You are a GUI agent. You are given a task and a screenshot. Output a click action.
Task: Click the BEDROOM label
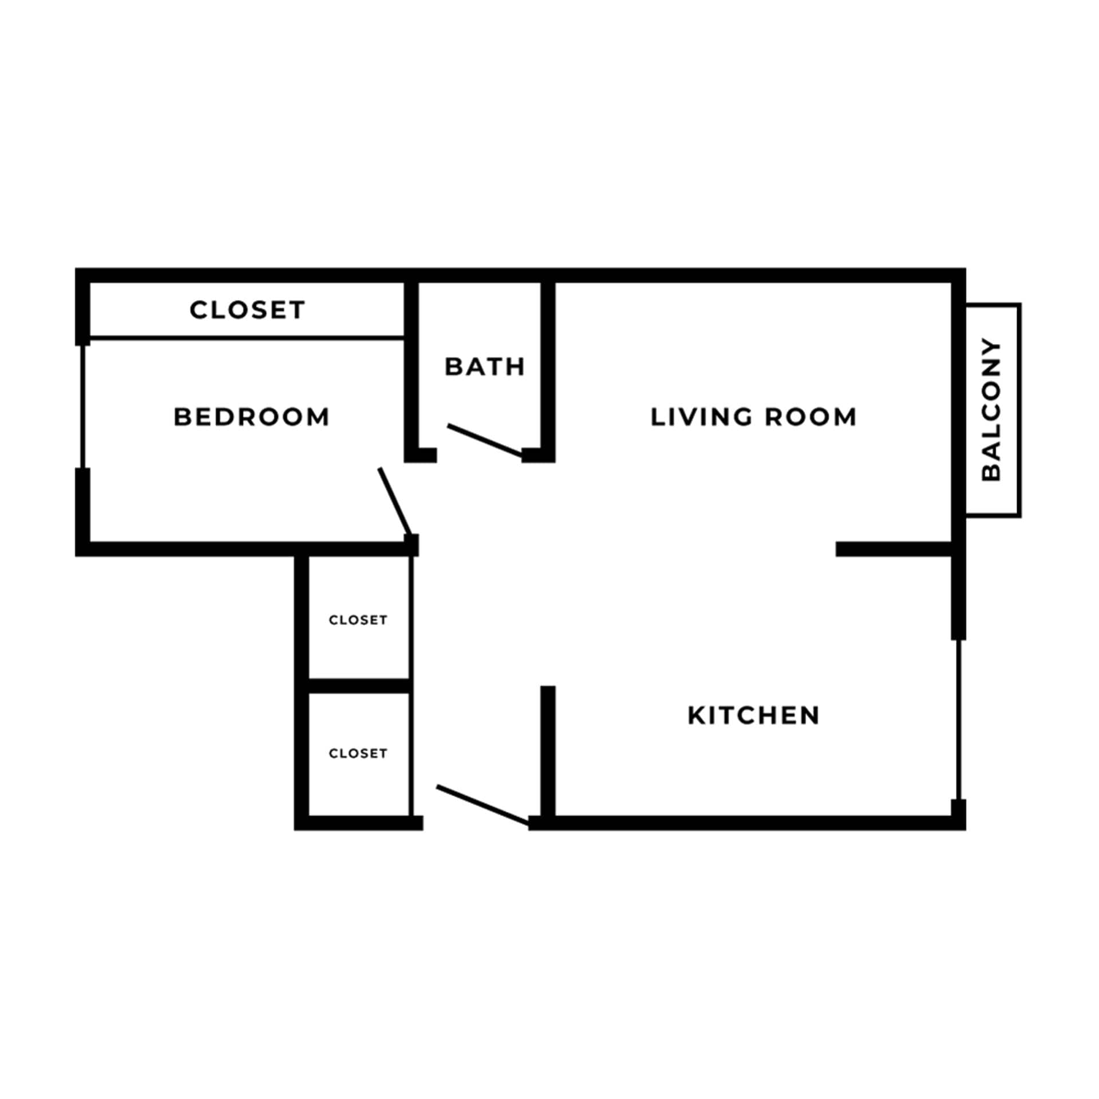(x=251, y=417)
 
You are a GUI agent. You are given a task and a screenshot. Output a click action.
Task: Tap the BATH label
(x=485, y=366)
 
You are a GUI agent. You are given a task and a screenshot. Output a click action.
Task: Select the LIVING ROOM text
(x=753, y=417)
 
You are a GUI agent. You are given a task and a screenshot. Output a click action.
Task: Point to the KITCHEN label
(x=753, y=715)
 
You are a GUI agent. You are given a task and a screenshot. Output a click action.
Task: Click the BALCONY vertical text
(x=991, y=410)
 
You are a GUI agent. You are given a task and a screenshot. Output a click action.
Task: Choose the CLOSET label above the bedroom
(x=247, y=310)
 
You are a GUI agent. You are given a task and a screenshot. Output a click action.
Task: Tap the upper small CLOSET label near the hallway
(x=358, y=620)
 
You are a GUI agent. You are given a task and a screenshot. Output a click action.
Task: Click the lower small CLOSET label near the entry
(x=358, y=753)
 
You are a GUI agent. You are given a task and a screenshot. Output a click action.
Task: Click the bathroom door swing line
(x=485, y=441)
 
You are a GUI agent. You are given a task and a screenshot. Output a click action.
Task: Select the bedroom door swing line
(x=394, y=502)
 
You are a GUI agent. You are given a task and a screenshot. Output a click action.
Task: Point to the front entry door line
(x=483, y=805)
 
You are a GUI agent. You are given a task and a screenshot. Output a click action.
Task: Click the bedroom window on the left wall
(x=83, y=406)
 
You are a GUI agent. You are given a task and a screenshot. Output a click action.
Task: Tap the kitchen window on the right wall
(x=959, y=720)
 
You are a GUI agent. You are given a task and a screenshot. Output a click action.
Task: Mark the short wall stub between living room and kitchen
(x=894, y=549)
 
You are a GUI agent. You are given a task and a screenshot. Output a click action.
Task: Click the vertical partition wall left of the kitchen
(x=548, y=751)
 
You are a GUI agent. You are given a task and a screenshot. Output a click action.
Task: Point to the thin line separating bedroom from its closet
(x=247, y=338)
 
